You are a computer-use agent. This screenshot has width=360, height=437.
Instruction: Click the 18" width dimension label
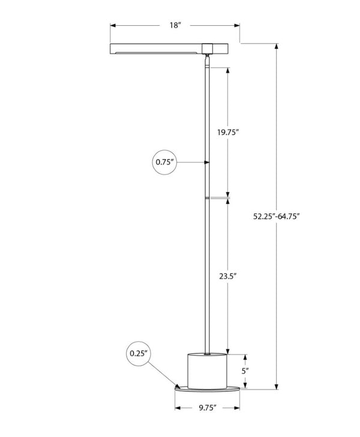pos(175,25)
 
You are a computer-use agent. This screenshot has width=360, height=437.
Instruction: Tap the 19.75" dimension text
pos(228,132)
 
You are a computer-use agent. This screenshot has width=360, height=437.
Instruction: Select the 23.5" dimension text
pos(227,276)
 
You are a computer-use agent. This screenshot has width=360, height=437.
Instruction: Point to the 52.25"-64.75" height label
pos(276,216)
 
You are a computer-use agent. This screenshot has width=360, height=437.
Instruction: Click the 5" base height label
pos(245,371)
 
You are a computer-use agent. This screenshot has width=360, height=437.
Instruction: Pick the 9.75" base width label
pos(208,408)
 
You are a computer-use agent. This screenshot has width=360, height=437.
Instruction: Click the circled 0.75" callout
pos(164,162)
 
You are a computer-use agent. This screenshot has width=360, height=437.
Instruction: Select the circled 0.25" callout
pos(139,354)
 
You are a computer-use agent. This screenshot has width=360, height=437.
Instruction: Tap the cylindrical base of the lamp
pos(207,371)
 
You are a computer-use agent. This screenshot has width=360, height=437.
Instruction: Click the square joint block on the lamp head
pos(206,49)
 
